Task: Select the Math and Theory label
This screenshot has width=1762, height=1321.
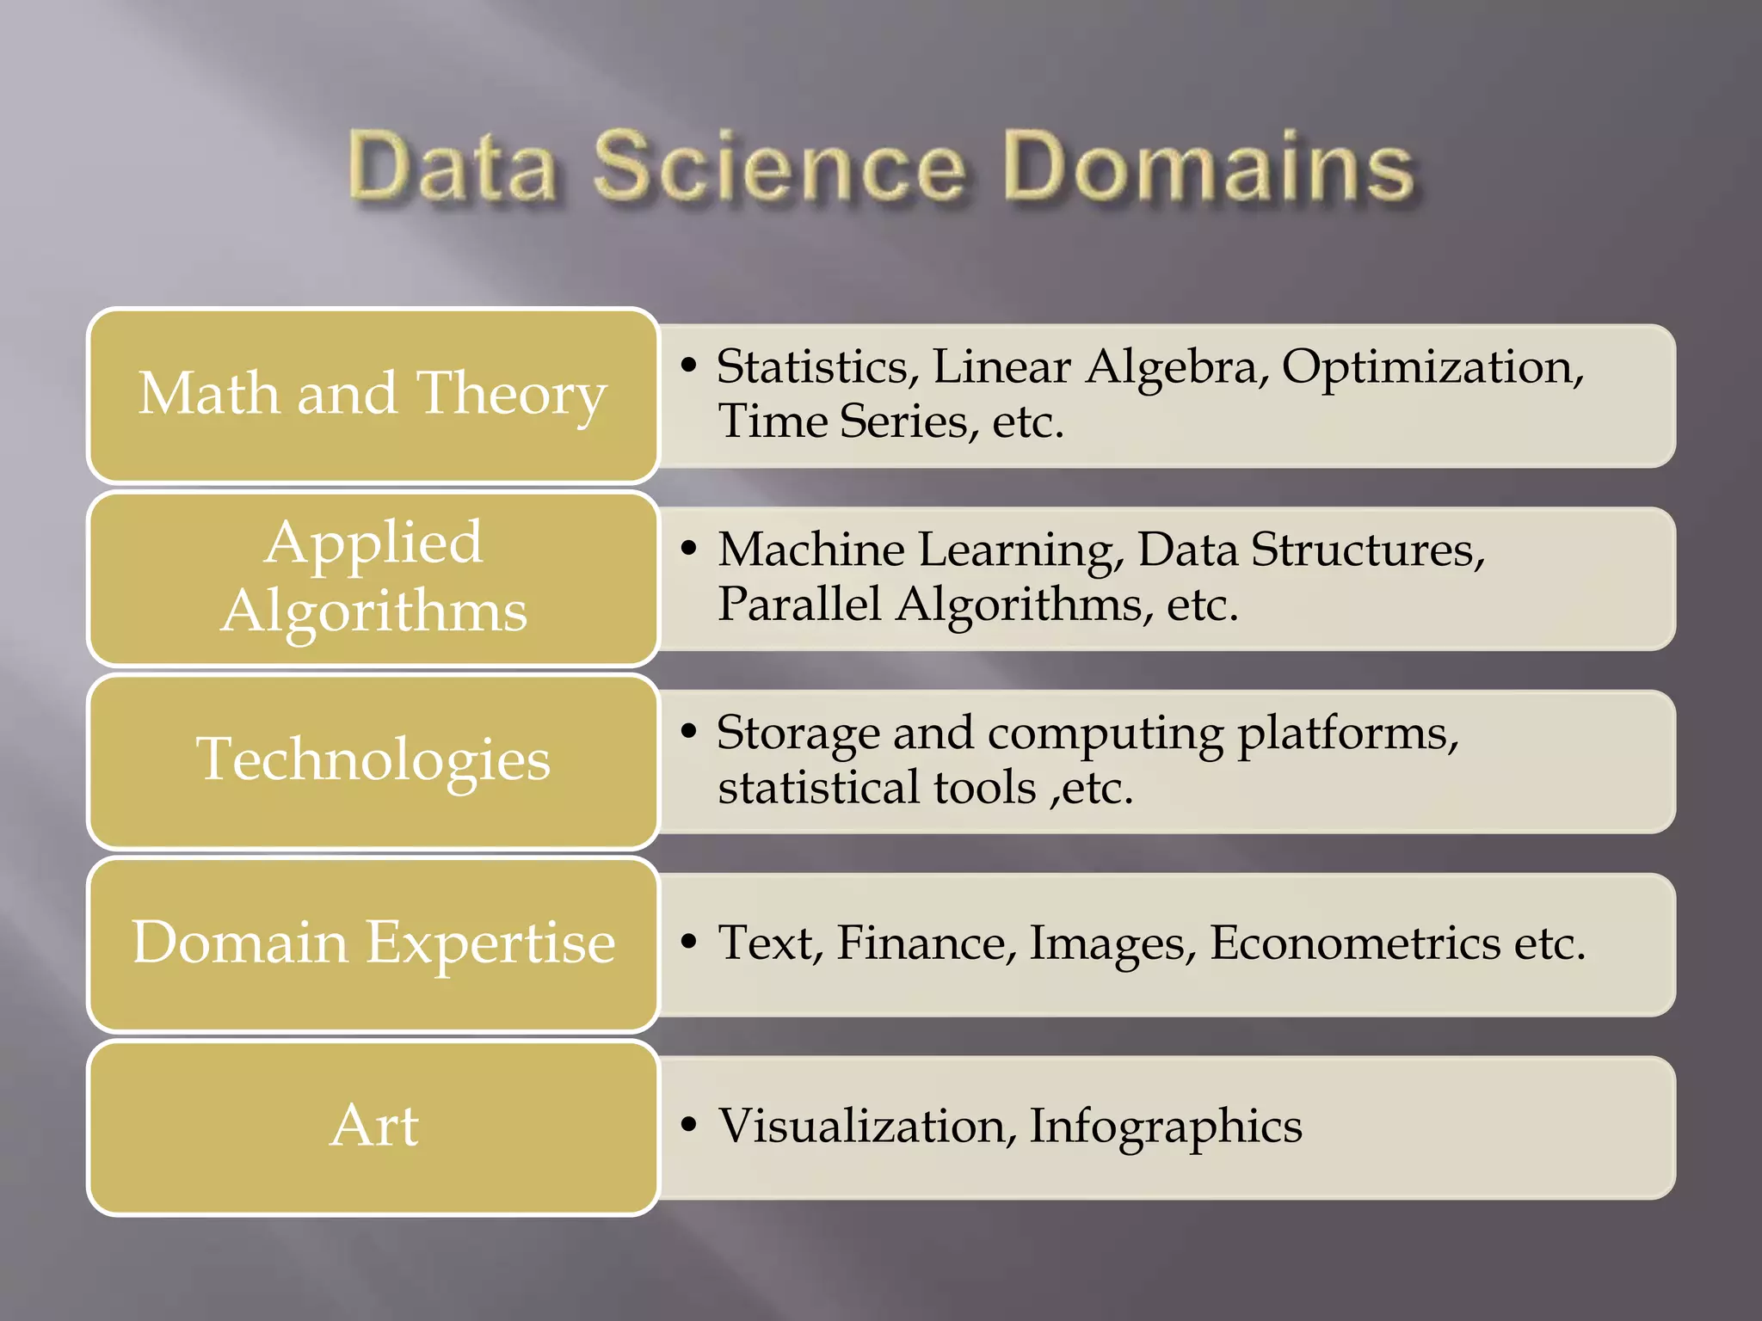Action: point(373,394)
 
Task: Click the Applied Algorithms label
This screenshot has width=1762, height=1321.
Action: point(373,576)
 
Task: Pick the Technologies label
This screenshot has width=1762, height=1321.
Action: point(373,759)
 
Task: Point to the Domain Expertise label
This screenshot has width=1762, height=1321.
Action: point(373,943)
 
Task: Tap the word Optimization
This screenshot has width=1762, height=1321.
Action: point(1432,367)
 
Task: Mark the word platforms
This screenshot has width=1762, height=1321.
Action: point(1347,734)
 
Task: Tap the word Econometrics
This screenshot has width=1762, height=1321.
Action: point(1355,943)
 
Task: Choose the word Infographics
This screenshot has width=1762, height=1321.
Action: point(1166,1126)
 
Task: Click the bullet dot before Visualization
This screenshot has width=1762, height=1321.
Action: point(687,1124)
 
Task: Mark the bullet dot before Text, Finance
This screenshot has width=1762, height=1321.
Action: point(687,941)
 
